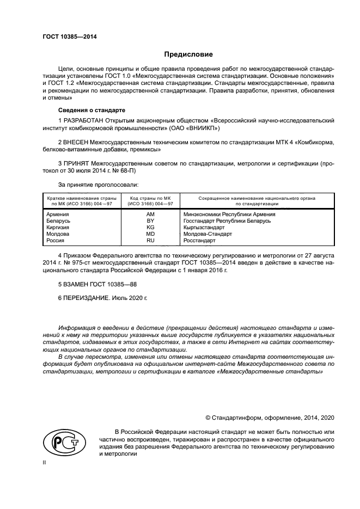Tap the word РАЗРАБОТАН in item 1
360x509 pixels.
point(83,119)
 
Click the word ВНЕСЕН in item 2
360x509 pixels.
point(76,142)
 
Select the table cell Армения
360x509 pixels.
point(58,214)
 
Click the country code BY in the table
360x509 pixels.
point(150,221)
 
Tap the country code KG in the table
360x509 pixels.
point(150,228)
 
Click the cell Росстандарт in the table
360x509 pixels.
point(200,240)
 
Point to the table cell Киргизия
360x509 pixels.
point(59,228)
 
